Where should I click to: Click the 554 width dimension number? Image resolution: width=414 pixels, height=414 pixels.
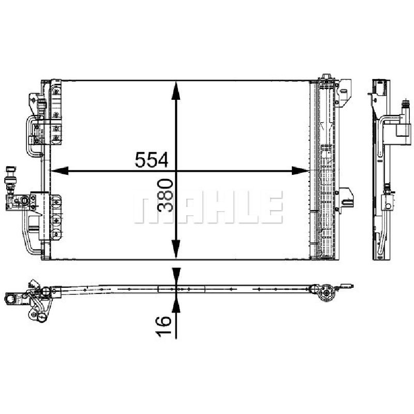pos(151,159)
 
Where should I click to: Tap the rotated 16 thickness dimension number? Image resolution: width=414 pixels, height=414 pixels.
pos(164,327)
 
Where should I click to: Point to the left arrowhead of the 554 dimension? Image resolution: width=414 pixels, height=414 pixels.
pos(60,171)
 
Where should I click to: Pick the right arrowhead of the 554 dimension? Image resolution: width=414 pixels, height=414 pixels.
pos(300,171)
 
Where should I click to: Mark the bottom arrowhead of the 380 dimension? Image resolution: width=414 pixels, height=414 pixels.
pos(176,249)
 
